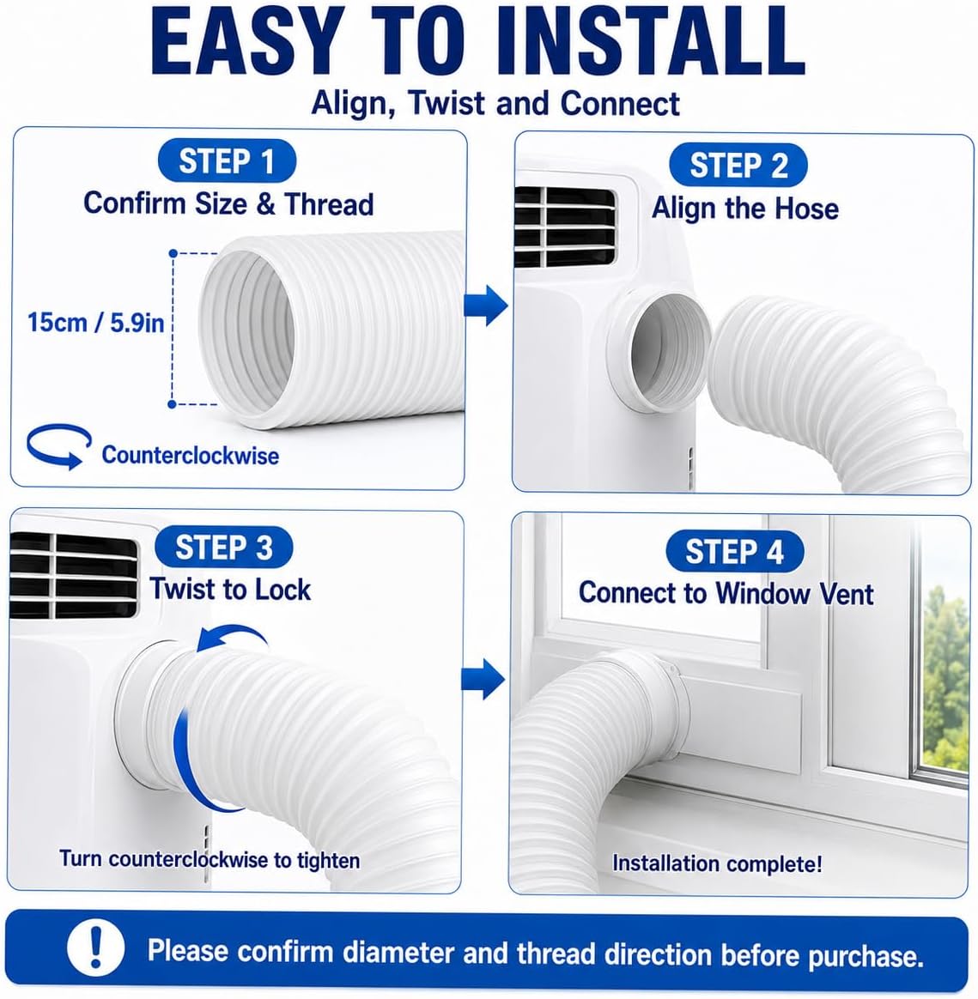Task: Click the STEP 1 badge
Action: [227, 161]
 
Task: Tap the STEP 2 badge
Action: [738, 166]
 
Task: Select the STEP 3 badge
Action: [224, 548]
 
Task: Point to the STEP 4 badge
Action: [734, 552]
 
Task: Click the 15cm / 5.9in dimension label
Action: [95, 323]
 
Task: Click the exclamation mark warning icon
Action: [95, 949]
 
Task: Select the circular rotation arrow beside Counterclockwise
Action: [58, 446]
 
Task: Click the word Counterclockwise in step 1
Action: [190, 455]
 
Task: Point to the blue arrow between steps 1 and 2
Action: [486, 306]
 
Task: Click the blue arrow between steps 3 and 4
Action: [483, 679]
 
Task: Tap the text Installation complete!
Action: [717, 864]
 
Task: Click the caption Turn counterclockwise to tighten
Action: [210, 859]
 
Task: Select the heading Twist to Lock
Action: [230, 590]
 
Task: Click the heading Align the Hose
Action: [744, 209]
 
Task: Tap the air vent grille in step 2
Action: [565, 227]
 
